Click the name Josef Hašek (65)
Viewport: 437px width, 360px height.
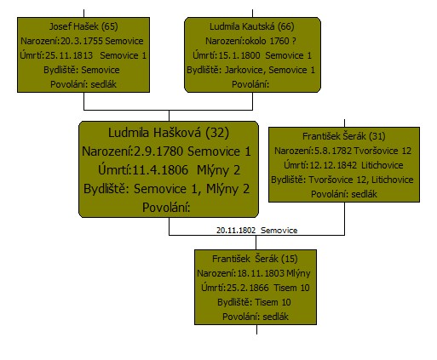(83, 26)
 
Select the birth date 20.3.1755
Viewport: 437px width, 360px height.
(82, 41)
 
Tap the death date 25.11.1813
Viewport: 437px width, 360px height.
(69, 55)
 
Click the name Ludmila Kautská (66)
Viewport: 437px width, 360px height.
(252, 26)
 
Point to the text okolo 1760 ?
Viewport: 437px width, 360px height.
(270, 41)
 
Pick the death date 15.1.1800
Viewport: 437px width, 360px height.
(239, 55)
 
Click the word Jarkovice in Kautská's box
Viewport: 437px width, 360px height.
(244, 70)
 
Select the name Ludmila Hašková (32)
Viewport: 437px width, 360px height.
(169, 133)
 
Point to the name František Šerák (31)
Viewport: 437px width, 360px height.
(344, 136)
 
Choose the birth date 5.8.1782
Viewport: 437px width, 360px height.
(333, 151)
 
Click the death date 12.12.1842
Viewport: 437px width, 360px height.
(333, 165)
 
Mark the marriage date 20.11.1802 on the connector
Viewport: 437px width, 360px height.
(236, 231)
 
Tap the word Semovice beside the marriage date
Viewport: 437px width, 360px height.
(279, 231)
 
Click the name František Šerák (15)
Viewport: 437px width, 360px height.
(255, 259)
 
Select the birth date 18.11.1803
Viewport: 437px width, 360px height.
(261, 273)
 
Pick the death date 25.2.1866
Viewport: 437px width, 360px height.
(248, 288)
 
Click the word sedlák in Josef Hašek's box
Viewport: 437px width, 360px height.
(104, 84)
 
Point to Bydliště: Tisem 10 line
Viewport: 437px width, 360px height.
(254, 302)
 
